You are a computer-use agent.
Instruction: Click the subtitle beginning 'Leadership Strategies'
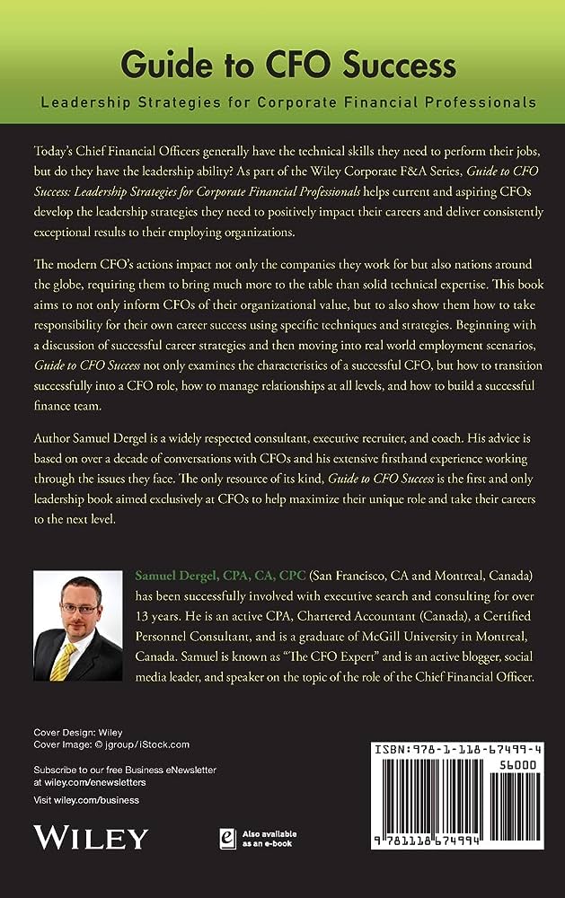[287, 102]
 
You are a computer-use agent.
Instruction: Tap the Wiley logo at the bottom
[90, 837]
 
